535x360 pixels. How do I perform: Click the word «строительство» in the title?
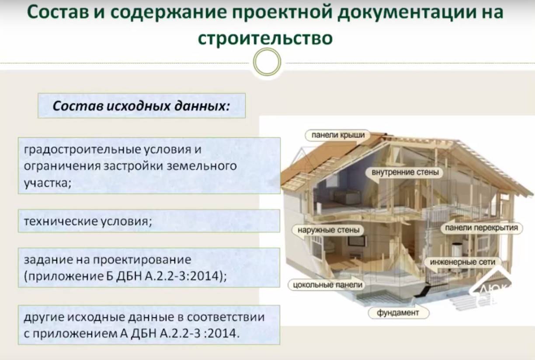pos(265,38)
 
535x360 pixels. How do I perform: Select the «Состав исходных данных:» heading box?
pos(142,106)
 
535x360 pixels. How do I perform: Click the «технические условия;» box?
pos(149,221)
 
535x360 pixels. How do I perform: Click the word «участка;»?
pos(48,183)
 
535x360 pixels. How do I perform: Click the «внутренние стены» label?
pos(405,172)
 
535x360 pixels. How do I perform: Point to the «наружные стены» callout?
pos(328,230)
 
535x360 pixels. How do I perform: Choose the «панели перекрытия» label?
pos(482,227)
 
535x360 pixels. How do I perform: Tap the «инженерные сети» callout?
pos(462,262)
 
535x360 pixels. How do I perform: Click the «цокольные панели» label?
pos(327,285)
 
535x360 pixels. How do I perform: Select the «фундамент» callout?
pos(398,313)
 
